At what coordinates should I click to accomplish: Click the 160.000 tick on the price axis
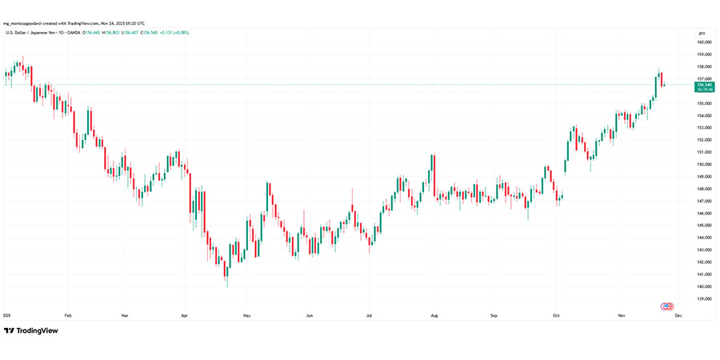[x=704, y=42]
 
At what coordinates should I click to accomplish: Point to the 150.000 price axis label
[x=704, y=164]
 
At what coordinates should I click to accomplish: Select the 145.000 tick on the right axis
[x=704, y=226]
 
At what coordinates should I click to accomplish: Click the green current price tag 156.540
[x=705, y=84]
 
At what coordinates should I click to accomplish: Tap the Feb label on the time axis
[x=68, y=315]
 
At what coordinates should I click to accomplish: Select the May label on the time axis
[x=247, y=315]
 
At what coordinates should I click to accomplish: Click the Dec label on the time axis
[x=678, y=315]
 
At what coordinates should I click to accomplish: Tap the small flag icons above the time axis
[x=667, y=306]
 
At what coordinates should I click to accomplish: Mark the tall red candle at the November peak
[x=662, y=78]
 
